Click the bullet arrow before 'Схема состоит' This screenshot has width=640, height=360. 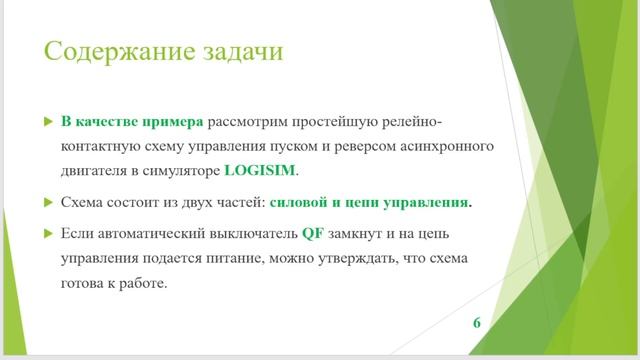(46, 202)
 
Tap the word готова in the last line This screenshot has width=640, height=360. (84, 283)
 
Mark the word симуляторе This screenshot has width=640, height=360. (182, 170)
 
